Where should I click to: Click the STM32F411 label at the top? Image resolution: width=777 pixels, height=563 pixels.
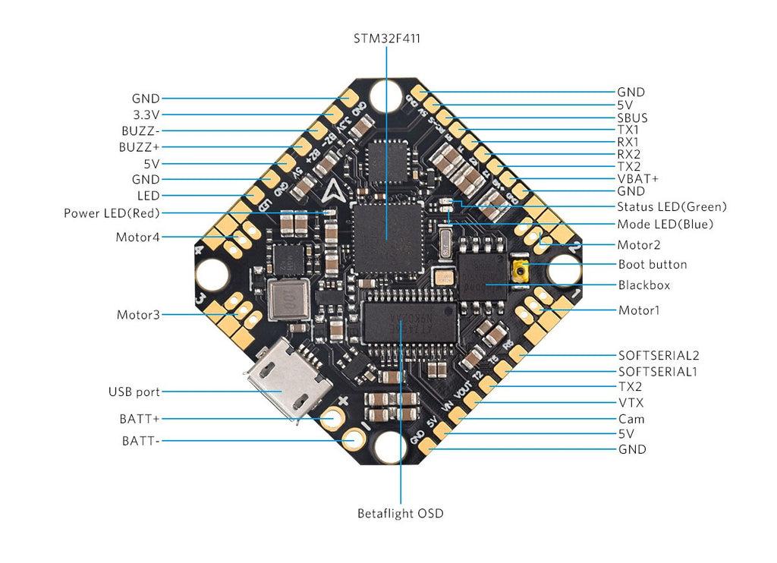coord(385,37)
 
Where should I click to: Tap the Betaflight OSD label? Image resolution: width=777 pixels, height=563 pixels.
coord(400,514)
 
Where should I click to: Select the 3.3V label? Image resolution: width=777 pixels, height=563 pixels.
coord(146,115)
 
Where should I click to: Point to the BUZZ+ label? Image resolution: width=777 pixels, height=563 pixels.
coord(140,146)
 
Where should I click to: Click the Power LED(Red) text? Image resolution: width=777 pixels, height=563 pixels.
coord(112,213)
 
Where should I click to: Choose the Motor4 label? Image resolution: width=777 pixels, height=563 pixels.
coord(137,237)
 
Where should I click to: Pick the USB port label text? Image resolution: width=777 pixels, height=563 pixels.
coord(134,392)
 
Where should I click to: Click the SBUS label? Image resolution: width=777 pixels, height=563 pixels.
coord(632,118)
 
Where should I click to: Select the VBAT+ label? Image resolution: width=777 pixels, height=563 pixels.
coord(637,178)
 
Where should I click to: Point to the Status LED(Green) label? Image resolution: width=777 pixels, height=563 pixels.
coord(672,206)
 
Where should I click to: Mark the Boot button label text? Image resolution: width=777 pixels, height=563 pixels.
coord(653,265)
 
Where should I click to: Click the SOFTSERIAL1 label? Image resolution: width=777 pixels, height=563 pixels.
coord(657,372)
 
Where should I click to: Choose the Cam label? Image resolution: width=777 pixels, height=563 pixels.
coord(631,419)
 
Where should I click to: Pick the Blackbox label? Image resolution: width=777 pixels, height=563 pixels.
coord(643,285)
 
